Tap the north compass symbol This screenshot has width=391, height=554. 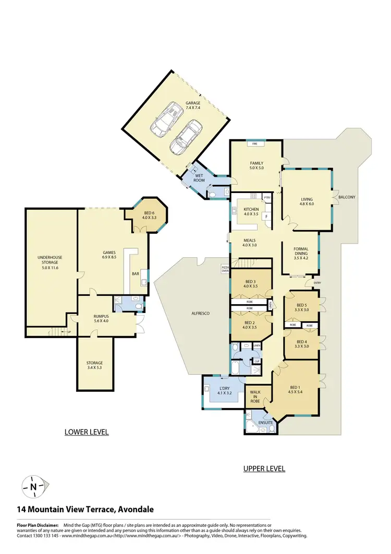point(33,486)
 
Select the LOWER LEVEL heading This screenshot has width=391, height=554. point(87,432)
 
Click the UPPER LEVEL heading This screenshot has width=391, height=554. point(264,469)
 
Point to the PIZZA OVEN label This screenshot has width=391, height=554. point(225,269)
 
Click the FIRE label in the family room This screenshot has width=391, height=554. point(255,143)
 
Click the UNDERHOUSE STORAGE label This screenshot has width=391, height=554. point(51,261)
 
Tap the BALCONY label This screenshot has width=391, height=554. point(347,197)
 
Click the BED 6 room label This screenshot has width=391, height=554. point(149,215)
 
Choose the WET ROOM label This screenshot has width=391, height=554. point(200,178)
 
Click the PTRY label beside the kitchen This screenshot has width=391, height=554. point(267,198)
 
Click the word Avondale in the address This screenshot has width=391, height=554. point(136,510)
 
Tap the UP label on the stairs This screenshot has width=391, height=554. point(69,332)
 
